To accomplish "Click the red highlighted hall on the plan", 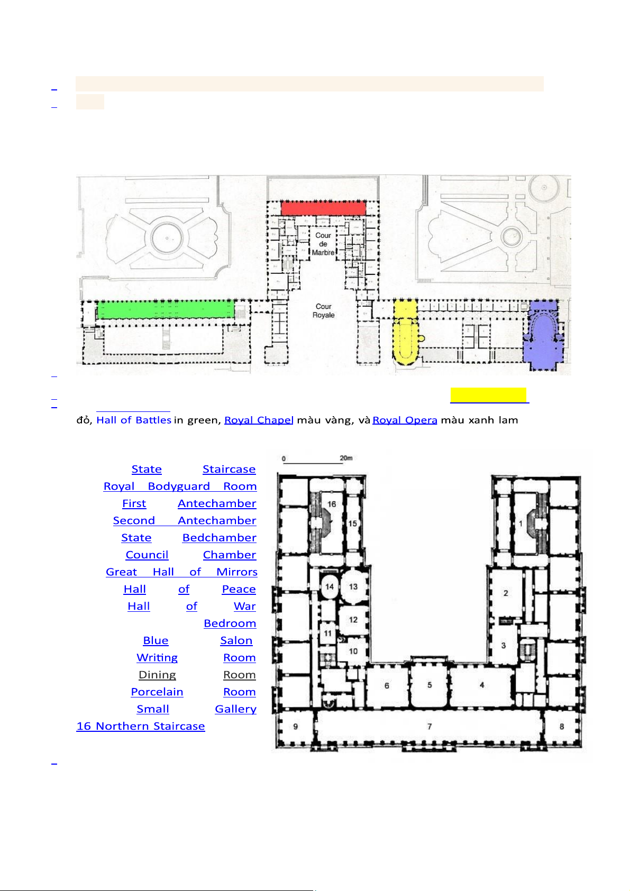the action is click(323, 208).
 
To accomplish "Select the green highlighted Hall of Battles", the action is click(166, 309).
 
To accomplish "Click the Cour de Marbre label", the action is click(323, 244).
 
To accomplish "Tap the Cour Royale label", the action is click(323, 310).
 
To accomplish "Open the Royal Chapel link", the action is click(259, 420).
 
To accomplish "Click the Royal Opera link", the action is click(405, 420).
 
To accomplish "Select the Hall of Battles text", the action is click(134, 420).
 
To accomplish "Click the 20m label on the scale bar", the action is click(346, 458).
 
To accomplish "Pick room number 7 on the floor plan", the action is click(430, 727).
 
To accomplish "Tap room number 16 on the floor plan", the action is click(332, 504).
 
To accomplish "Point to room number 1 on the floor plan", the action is click(521, 523).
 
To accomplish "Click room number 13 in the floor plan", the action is click(353, 586).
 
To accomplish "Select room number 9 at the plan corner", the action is click(295, 727).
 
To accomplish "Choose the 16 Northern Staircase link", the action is click(141, 726).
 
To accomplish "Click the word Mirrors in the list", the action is click(237, 572).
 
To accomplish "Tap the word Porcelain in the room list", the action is click(157, 692).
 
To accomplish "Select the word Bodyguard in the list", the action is click(179, 486).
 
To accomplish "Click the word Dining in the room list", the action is click(157, 675).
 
